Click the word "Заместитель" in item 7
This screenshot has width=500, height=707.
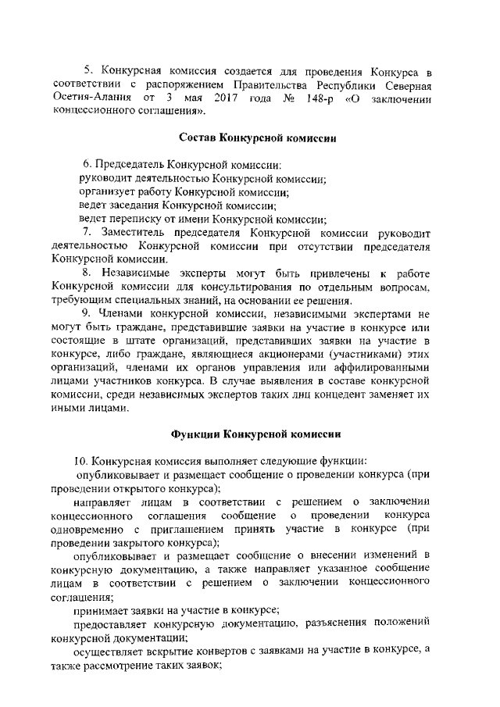coord(133,233)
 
